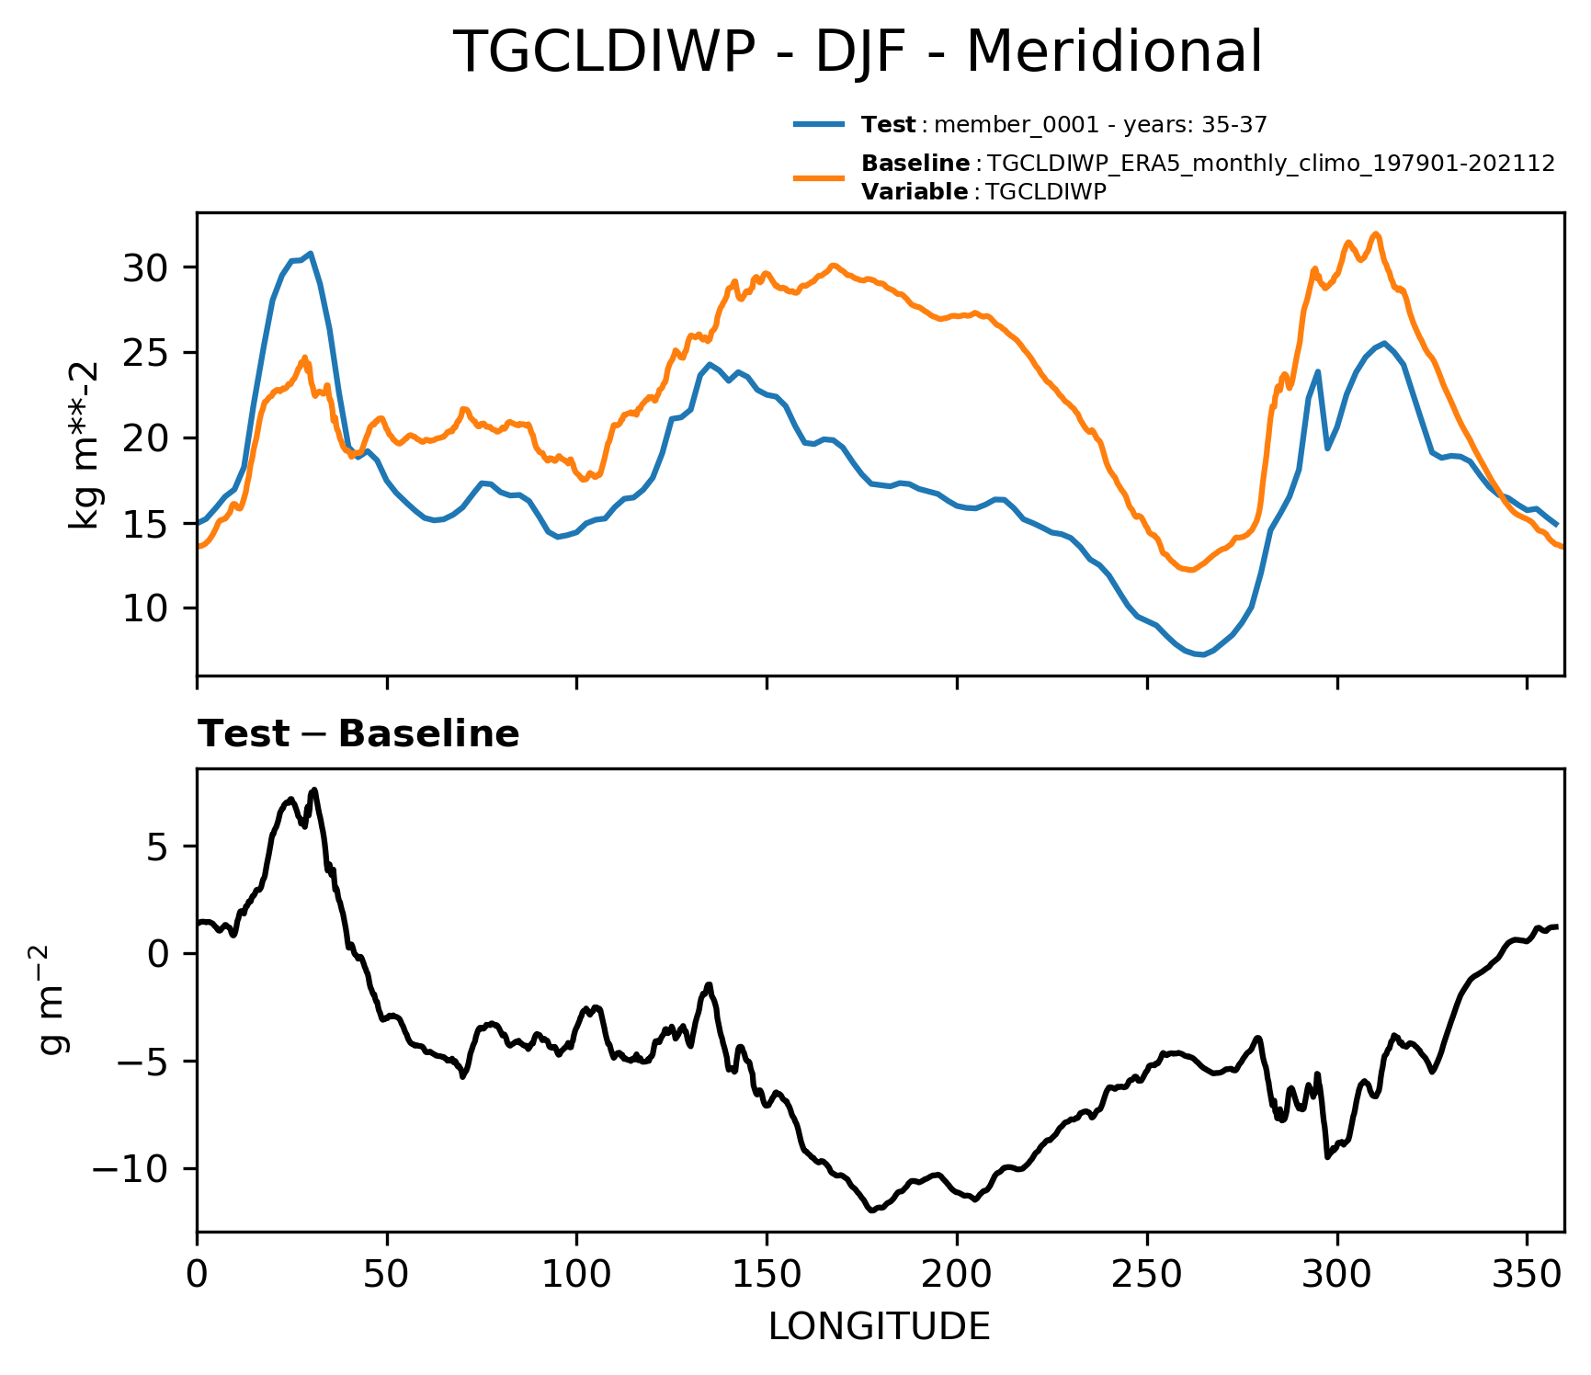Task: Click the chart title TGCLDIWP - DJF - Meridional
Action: click(858, 52)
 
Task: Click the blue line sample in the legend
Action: click(818, 125)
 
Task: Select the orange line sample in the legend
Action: click(818, 177)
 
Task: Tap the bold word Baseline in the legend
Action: click(915, 164)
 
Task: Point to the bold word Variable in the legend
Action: click(914, 192)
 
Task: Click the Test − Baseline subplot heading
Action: click(358, 734)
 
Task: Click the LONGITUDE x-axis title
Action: click(880, 1327)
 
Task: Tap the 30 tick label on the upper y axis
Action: click(144, 267)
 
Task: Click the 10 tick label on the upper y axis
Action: click(144, 608)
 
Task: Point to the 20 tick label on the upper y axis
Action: click(144, 438)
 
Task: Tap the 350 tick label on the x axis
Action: click(1527, 1276)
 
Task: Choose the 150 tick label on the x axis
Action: click(767, 1276)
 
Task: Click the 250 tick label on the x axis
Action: click(1147, 1276)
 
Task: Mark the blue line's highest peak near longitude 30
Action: click(311, 253)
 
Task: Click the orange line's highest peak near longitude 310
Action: click(1376, 234)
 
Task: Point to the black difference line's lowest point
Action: click(870, 1210)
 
